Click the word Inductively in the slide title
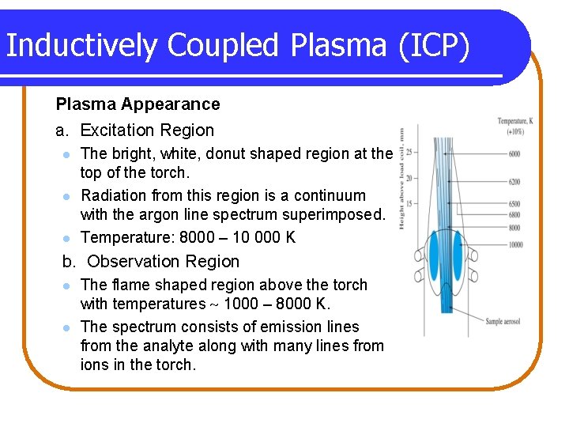pyautogui.click(x=77, y=46)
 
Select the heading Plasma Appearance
pyautogui.click(x=138, y=104)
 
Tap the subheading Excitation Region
pyautogui.click(x=147, y=130)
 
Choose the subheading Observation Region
pyautogui.click(x=163, y=262)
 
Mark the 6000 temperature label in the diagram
pyautogui.click(x=514, y=153)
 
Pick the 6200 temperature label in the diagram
pyautogui.click(x=514, y=182)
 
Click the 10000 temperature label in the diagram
pyautogui.click(x=514, y=244)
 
